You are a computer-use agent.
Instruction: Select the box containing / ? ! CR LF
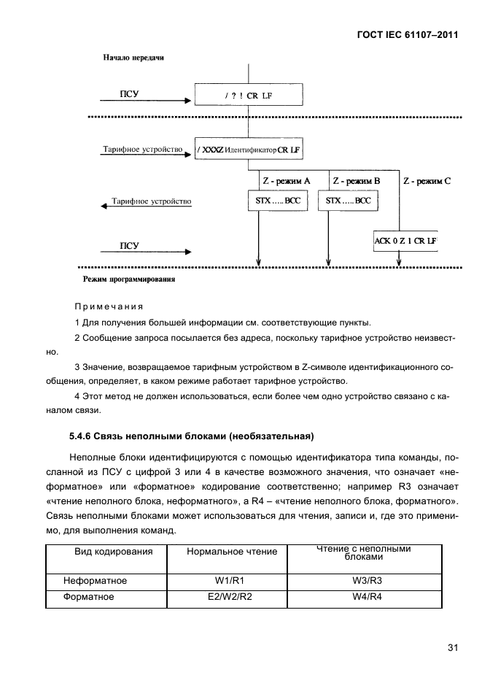coord(248,95)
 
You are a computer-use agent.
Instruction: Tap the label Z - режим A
coord(286,180)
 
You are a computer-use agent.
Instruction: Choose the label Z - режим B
coord(357,180)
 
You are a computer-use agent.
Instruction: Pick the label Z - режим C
coord(427,180)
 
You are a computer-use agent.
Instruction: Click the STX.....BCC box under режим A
coord(276,200)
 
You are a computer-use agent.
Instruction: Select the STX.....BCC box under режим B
coord(348,200)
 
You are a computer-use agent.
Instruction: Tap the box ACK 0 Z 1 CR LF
coord(405,240)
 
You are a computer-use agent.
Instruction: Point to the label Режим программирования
coord(128,279)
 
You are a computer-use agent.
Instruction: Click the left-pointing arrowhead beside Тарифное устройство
coord(103,206)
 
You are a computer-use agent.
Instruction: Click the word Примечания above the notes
coord(109,306)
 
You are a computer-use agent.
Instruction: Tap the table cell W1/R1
coord(226,581)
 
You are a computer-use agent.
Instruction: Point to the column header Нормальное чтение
coord(232,552)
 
